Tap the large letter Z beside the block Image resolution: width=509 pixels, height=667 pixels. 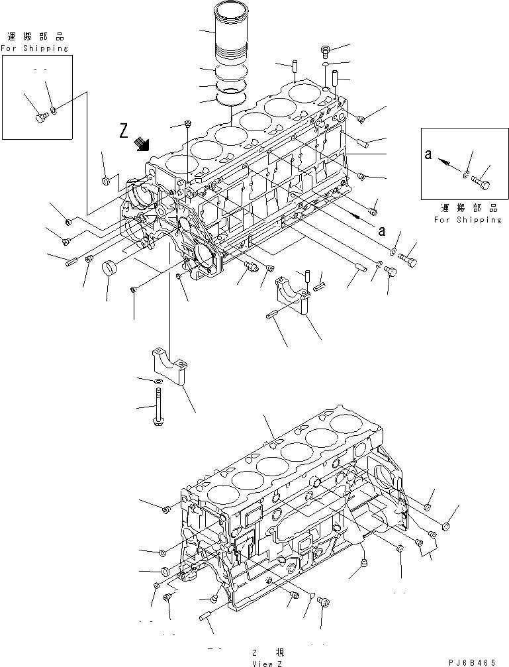[x=124, y=132]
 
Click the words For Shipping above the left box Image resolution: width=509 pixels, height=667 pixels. [x=34, y=48]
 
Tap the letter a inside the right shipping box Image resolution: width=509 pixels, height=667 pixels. [x=429, y=155]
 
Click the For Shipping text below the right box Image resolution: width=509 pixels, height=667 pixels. [x=468, y=220]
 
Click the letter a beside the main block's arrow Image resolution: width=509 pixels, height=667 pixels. [x=381, y=231]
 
